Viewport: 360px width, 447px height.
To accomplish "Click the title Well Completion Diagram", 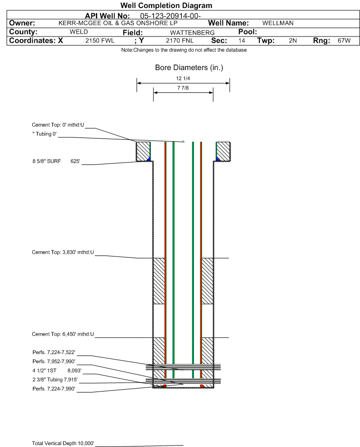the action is pos(166,5).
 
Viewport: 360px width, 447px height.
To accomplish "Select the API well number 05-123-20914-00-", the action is pos(170,16).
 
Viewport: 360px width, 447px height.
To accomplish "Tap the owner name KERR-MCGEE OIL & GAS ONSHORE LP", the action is pos(118,23).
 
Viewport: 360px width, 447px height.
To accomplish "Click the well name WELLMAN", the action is pos(278,23).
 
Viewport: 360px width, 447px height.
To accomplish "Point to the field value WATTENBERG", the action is pos(192,33).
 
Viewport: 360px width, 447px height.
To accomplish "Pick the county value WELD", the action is pos(79,32).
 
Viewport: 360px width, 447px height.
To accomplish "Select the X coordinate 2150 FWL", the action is pos(100,40).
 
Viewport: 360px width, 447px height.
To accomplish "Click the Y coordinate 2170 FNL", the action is pos(180,40).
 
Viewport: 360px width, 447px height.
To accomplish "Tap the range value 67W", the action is pos(344,40).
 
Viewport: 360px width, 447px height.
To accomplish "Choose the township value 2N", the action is pos(293,40).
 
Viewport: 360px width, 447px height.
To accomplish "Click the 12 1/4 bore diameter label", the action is pos(183,78).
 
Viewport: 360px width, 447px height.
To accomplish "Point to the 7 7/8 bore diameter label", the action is pos(183,88).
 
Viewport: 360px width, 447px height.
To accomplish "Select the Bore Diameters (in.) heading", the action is pos(189,68).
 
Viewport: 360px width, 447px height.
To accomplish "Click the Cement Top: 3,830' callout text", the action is pos(63,252).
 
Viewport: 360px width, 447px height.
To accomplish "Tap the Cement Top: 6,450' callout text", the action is pos(63,334).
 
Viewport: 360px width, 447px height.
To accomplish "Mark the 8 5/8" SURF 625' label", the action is pos(56,161).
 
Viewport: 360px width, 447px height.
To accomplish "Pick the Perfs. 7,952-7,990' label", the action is pos(54,362).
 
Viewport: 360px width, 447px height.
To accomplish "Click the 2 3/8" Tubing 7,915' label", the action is pos(55,380).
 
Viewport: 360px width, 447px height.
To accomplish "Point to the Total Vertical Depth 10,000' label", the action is pos(63,443).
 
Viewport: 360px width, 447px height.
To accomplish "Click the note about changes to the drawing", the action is pos(184,50).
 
